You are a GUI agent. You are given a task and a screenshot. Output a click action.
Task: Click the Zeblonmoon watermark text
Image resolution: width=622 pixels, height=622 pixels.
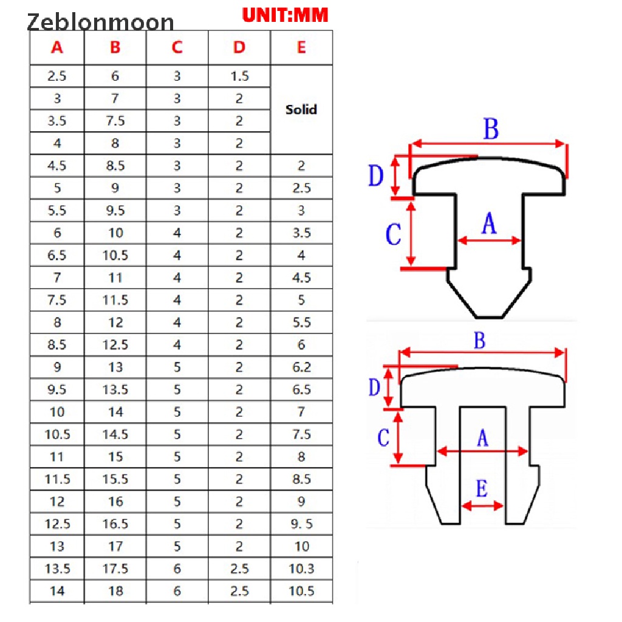tap(100, 22)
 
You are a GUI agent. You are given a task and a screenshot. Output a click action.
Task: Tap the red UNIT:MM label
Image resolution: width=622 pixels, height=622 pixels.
tap(285, 15)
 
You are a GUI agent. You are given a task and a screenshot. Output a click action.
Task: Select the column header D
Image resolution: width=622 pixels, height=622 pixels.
tap(239, 47)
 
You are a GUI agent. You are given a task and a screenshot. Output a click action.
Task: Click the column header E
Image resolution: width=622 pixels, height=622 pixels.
tap(301, 47)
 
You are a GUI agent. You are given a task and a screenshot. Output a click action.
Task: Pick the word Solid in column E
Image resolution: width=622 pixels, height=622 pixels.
tap(301, 109)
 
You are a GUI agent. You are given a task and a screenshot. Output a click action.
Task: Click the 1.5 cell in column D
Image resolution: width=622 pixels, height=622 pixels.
tap(239, 76)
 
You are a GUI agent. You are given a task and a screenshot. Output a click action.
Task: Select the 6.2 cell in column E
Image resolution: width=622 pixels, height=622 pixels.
tap(301, 367)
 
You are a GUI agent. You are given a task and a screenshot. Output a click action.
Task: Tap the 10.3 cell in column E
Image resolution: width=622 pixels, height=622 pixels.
tap(301, 569)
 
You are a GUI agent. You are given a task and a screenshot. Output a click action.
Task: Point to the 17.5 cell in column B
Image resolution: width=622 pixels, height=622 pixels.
tap(115, 569)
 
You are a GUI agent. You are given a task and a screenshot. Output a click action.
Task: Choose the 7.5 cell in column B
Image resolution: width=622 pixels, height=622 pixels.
tap(115, 121)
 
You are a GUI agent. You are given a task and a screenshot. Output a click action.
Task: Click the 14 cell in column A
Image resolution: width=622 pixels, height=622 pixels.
tap(57, 590)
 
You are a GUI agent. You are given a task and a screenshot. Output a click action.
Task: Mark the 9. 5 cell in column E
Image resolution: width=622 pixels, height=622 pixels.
tap(301, 524)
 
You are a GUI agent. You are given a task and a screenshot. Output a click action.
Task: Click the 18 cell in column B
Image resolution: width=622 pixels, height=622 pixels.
tap(115, 590)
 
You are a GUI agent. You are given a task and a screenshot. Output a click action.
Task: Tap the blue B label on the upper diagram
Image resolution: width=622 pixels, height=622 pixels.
tap(491, 129)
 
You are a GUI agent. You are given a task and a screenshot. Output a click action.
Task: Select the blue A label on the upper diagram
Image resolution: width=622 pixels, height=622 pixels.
tap(489, 223)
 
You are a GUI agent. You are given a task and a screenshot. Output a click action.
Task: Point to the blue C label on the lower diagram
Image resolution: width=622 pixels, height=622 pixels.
tap(383, 437)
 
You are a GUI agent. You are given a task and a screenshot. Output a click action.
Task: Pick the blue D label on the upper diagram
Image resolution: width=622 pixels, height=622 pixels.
tap(375, 176)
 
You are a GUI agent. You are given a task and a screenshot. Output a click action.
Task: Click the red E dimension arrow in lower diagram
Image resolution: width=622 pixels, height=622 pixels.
tap(483, 505)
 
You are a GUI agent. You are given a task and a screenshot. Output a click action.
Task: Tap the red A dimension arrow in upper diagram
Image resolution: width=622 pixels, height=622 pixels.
tap(489, 241)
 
